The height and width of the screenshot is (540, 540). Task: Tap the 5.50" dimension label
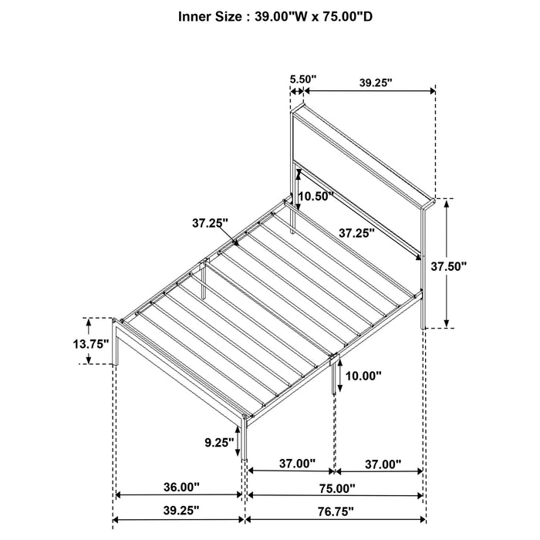point(302,79)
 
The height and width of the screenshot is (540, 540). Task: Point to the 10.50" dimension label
point(316,197)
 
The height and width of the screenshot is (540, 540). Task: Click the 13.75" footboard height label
point(91,343)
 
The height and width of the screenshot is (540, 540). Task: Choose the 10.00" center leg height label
point(363,376)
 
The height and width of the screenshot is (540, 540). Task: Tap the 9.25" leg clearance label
point(219,443)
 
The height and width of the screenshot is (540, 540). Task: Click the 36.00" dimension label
point(181,487)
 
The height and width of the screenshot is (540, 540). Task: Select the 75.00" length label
point(336,488)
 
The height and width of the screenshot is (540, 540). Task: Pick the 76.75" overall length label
point(336,511)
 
